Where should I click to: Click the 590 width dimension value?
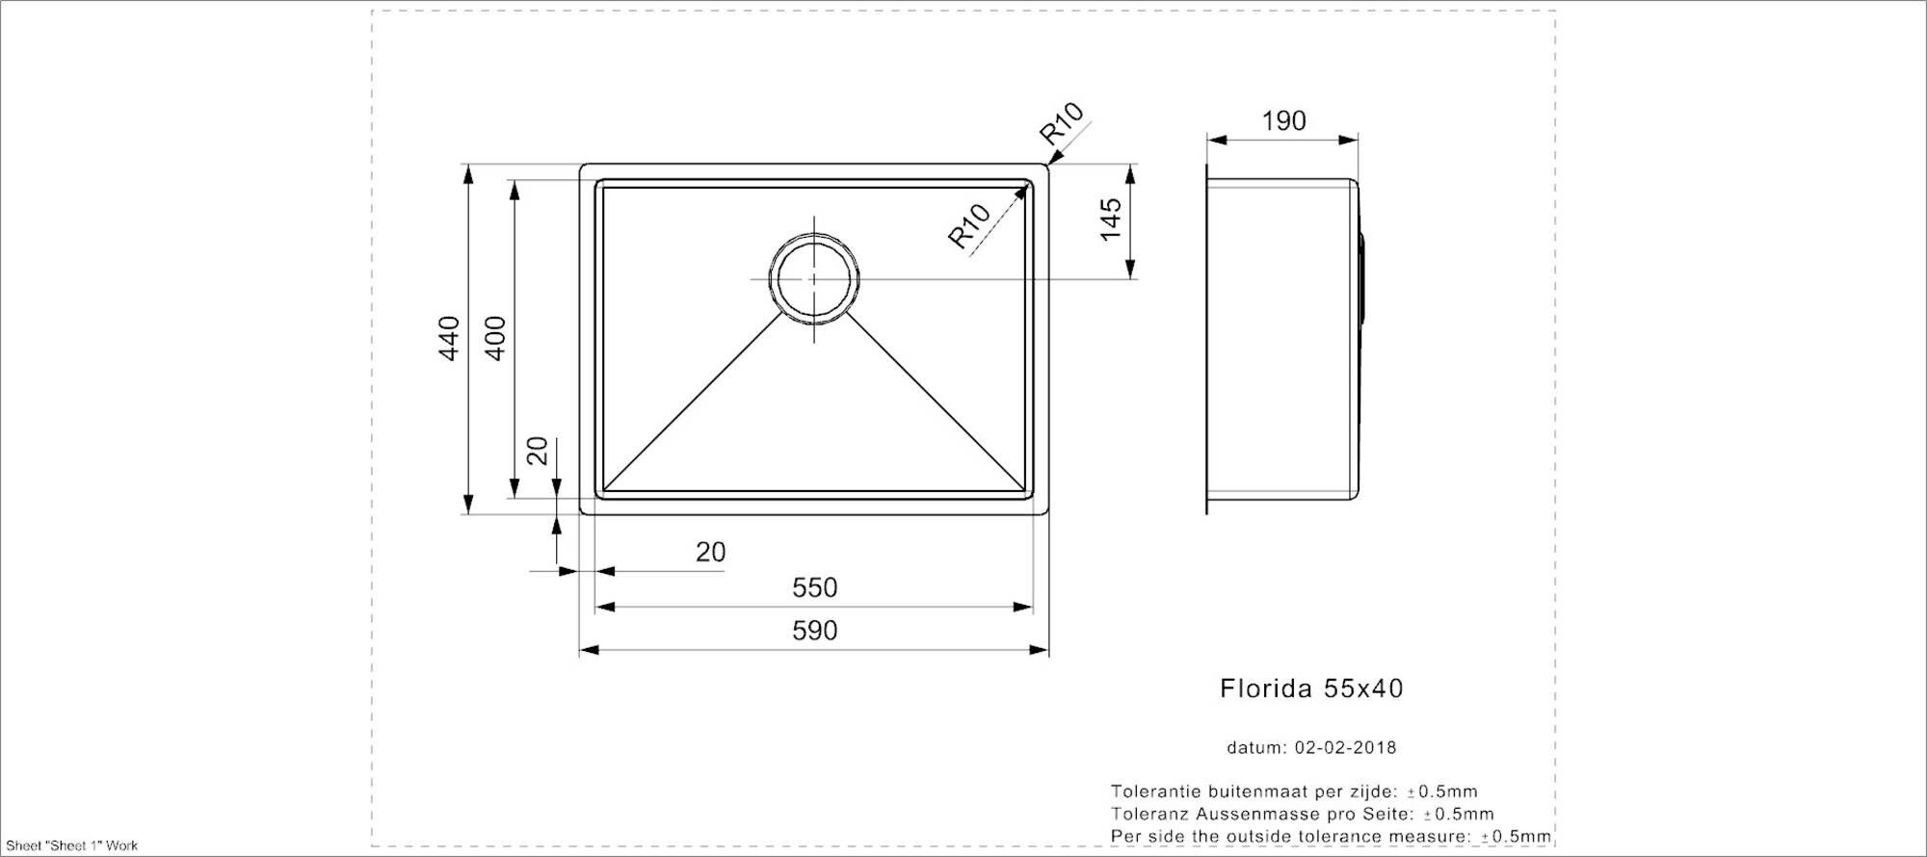[814, 631]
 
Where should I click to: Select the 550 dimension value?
[814, 587]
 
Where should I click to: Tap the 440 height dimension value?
[449, 338]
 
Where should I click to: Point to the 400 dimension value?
[494, 338]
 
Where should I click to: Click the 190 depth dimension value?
[1283, 121]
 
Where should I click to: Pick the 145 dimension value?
[1111, 220]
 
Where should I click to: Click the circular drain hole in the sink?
[814, 278]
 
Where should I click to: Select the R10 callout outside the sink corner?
[1062, 122]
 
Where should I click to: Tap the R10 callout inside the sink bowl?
[969, 225]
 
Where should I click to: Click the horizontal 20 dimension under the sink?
[710, 553]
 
